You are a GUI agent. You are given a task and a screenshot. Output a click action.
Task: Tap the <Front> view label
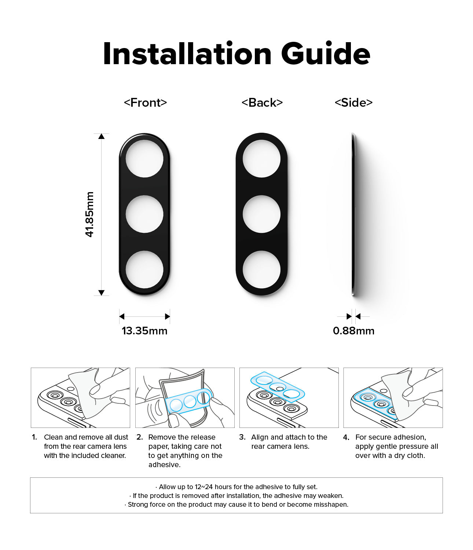145,102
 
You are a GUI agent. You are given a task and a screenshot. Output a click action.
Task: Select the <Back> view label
262,102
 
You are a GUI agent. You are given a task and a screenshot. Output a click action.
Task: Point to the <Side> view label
353,102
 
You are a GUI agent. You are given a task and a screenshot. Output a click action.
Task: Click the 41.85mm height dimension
90,214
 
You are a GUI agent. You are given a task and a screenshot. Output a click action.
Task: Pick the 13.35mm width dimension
144,331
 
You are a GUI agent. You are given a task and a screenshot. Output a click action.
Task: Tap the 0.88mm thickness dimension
353,331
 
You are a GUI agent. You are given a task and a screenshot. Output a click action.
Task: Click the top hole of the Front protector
144,159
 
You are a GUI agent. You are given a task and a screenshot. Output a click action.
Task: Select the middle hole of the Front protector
144,214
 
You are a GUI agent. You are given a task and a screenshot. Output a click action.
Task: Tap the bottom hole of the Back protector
261,269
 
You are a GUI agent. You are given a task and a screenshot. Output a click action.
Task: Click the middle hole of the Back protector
261,214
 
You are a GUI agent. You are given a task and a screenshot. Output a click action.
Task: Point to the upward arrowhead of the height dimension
101,136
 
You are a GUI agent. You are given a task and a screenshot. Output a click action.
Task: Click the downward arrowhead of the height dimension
101,293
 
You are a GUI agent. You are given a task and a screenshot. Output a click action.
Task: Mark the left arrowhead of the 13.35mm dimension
122,316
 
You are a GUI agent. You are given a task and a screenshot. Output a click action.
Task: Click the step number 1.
34,437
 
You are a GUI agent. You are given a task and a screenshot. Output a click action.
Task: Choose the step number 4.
346,437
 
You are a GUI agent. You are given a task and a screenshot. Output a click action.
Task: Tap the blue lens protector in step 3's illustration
278,387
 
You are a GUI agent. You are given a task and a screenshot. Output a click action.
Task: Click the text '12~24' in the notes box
204,487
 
